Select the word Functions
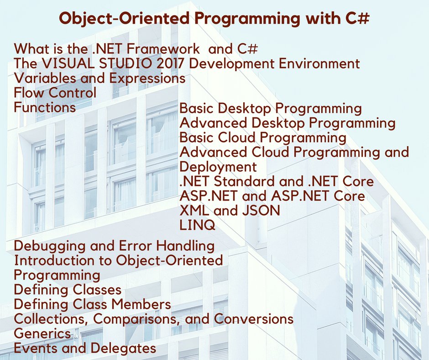tap(45, 108)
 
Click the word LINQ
tap(197, 225)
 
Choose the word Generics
tap(42, 334)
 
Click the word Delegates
tap(123, 349)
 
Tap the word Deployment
tap(218, 166)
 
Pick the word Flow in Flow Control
tap(28, 93)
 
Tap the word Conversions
tap(254, 319)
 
